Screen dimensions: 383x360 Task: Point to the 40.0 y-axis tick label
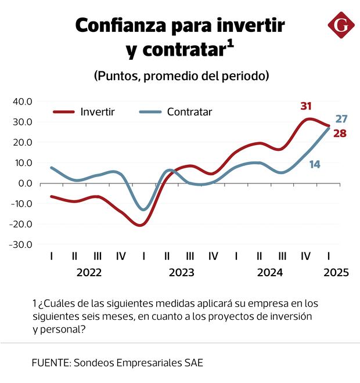(22, 102)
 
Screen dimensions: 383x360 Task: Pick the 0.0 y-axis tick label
(26, 183)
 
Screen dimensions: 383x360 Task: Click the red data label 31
(306, 106)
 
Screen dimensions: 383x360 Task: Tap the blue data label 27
(341, 120)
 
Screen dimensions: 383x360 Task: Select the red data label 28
(340, 134)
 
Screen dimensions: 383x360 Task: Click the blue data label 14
(315, 164)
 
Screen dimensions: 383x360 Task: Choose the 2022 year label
(89, 273)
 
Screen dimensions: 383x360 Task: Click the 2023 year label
(181, 273)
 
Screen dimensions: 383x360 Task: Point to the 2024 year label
(270, 273)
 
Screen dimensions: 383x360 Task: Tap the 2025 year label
(337, 273)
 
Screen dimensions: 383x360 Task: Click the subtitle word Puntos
(117, 76)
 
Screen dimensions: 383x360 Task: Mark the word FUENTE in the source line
(49, 363)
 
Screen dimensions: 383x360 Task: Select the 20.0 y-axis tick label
(22, 142)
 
